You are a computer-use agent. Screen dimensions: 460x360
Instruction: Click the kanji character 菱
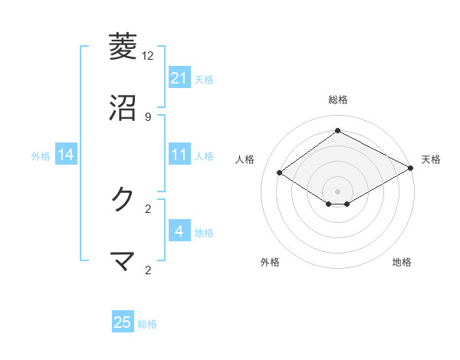coord(123,46)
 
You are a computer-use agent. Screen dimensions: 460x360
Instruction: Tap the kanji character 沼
coord(123,108)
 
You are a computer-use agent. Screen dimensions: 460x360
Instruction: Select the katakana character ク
coord(123,199)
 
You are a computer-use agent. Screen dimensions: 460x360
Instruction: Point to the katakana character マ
coord(123,261)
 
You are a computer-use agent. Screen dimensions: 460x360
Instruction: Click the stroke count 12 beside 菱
coord(148,56)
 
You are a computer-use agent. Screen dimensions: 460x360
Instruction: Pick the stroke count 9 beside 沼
coord(148,116)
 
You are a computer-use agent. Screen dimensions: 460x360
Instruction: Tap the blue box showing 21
coord(179,78)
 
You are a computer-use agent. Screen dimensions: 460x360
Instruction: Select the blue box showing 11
coord(179,155)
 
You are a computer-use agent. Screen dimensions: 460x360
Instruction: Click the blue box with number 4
coord(179,231)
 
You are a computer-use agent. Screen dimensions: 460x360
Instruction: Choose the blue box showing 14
coord(66,155)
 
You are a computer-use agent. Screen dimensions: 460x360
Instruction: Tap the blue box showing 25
coord(123,322)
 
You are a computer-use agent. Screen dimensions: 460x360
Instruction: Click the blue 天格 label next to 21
coord(204,79)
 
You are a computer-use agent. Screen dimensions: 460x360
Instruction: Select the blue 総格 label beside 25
coord(147,324)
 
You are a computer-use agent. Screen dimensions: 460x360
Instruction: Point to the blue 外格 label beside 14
coord(41,155)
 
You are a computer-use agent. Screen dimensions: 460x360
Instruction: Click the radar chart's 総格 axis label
coord(338,100)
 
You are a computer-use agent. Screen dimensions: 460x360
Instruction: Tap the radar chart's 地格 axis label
coord(402,262)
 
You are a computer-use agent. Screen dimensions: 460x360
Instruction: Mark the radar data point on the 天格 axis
coord(411,169)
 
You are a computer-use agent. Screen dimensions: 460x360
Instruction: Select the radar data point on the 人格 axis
coord(280,173)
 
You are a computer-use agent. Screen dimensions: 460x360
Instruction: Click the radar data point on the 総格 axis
coord(338,131)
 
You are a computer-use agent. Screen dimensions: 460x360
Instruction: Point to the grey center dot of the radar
coord(338,191)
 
